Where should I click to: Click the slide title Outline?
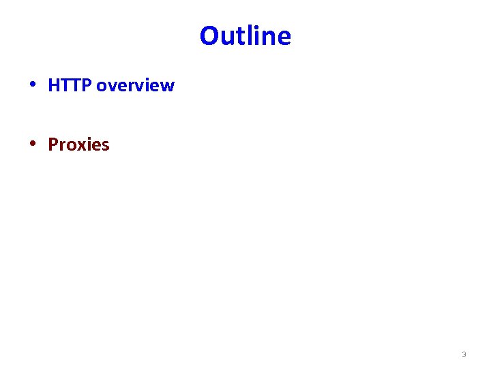(x=245, y=35)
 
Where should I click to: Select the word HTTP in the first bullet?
(x=70, y=86)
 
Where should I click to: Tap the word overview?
(x=136, y=86)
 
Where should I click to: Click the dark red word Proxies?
(x=78, y=144)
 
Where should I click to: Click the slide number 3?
(x=464, y=354)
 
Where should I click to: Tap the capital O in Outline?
(x=209, y=35)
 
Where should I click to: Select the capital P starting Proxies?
(x=53, y=144)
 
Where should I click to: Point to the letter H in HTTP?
(x=54, y=86)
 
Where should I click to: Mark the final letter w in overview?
(x=168, y=87)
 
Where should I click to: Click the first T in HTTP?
(x=65, y=86)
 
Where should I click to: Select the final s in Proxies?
(x=105, y=145)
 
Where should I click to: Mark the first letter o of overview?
(x=102, y=87)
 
